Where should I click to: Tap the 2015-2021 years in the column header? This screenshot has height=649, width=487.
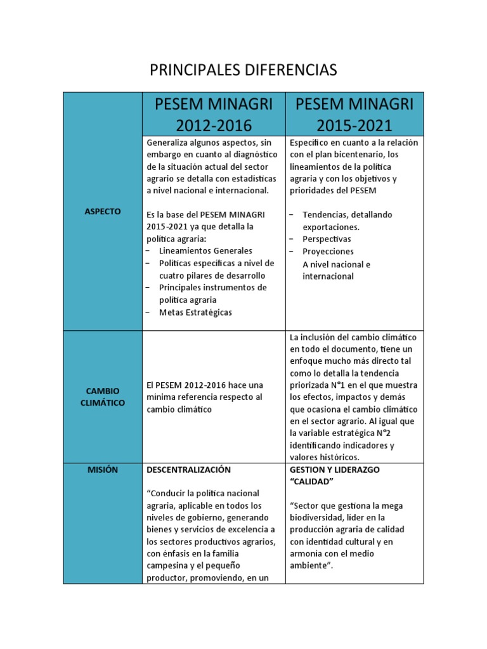(x=354, y=125)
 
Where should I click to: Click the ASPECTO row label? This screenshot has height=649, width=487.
(x=102, y=211)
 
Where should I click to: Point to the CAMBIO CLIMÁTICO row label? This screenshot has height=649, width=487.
(x=102, y=397)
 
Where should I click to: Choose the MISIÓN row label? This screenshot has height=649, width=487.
(x=102, y=470)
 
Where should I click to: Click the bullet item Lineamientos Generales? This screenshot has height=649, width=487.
(x=205, y=251)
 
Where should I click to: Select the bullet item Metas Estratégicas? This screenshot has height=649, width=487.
(x=195, y=312)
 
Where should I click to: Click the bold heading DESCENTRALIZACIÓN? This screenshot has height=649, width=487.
(x=189, y=470)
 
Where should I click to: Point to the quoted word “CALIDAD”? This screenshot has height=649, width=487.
(x=312, y=482)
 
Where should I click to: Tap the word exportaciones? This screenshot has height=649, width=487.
(x=331, y=227)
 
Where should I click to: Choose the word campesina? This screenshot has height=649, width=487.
(x=168, y=565)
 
